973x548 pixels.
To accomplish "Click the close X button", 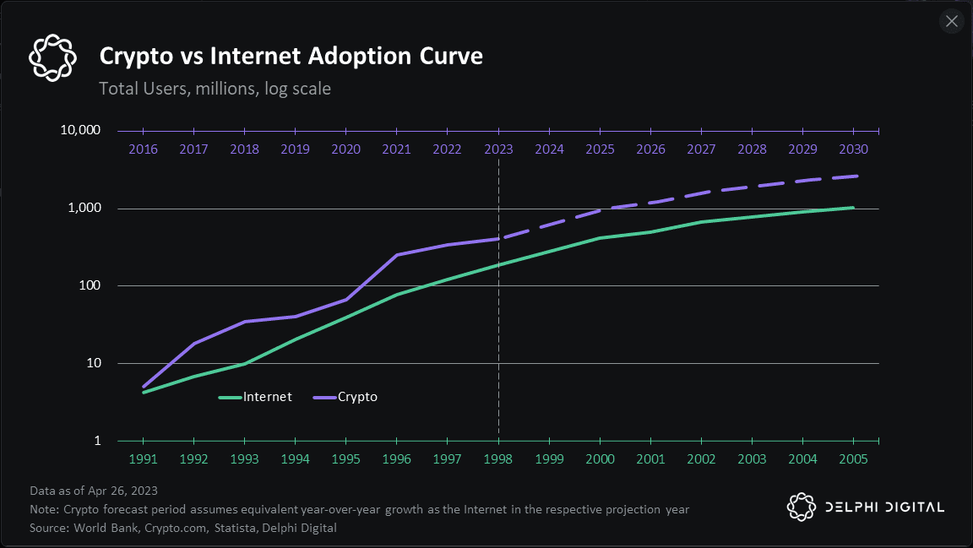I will [952, 21].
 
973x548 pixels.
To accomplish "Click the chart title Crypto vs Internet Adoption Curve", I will [291, 57].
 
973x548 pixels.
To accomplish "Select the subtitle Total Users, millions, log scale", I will [215, 88].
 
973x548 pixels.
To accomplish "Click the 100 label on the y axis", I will [90, 286].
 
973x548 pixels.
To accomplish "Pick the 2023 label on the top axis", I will [498, 149].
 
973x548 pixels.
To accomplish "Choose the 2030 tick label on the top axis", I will [853, 149].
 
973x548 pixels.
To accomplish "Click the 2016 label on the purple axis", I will [143, 149].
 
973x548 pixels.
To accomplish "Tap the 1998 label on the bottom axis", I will [498, 459].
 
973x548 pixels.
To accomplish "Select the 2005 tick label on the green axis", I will [853, 459].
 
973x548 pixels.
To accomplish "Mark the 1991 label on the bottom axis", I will [143, 459].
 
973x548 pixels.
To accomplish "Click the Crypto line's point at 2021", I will [396, 255].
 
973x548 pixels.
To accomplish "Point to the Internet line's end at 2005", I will [853, 208].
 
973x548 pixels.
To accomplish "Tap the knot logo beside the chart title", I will [52, 57].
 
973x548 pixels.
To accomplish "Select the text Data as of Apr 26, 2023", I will [93, 491].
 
